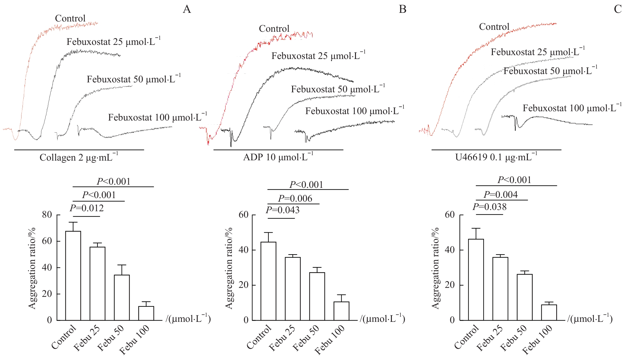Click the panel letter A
pyautogui.click(x=187, y=9)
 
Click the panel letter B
pyautogui.click(x=402, y=9)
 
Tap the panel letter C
pyautogui.click(x=618, y=9)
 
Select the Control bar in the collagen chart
pyautogui.click(x=73, y=276)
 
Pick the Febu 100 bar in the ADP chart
pyautogui.click(x=341, y=311)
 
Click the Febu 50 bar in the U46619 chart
pyautogui.click(x=525, y=297)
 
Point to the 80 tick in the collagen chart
pyautogui.click(x=47, y=214)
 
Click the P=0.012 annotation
pyautogui.click(x=87, y=208)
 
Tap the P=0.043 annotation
pyautogui.click(x=283, y=210)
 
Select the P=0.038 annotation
pyautogui.click(x=490, y=207)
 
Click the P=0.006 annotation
pyautogui.click(x=295, y=199)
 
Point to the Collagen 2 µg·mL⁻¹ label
pyautogui.click(x=79, y=157)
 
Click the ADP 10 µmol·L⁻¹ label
pyautogui.click(x=278, y=157)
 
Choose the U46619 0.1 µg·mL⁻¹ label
pyautogui.click(x=496, y=157)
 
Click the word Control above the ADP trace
pyautogui.click(x=274, y=29)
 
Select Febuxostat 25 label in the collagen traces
pyautogui.click(x=114, y=42)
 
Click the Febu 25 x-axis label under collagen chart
pyautogui.click(x=87, y=338)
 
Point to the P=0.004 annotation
pyautogui.click(x=501, y=195)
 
